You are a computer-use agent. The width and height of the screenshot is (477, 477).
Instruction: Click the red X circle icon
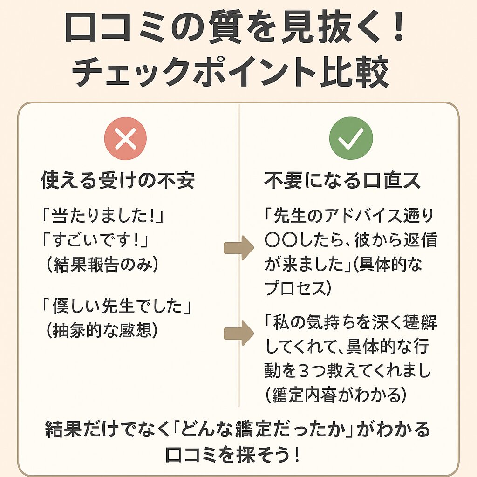click(125, 138)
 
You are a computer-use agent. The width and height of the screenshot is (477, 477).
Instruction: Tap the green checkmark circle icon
click(351, 138)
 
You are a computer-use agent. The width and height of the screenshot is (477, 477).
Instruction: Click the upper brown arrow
click(238, 248)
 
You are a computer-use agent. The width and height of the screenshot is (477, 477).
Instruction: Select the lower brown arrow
click(238, 332)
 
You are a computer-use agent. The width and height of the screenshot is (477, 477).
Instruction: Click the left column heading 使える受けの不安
click(117, 180)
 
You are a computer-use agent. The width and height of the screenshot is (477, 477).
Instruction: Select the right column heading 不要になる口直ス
click(343, 180)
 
